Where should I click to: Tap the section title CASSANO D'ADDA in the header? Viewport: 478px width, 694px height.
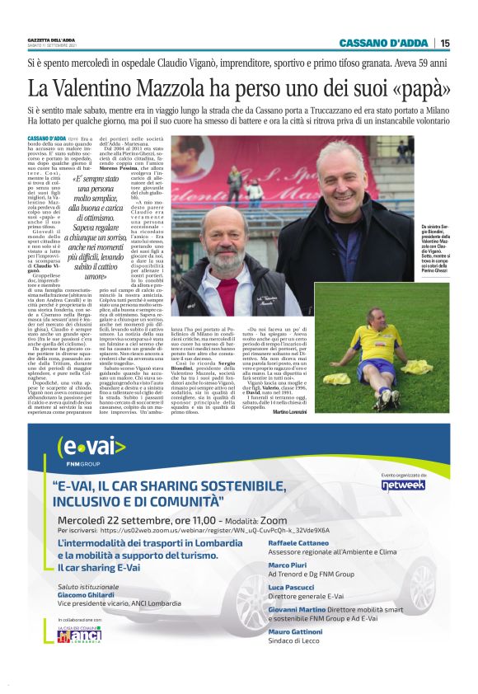(384, 43)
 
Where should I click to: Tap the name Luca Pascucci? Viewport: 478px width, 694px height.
(294, 588)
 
